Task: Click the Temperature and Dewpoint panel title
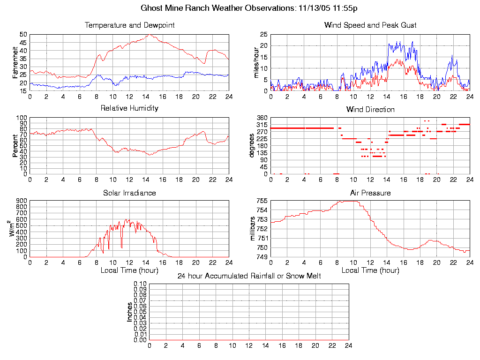129,25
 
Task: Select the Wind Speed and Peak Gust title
370,25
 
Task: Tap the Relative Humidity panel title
129,108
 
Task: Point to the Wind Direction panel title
370,110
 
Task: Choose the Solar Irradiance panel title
129,193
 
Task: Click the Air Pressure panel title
370,193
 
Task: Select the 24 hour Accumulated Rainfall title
249,276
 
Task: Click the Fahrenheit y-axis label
15,62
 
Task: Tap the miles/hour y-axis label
256,62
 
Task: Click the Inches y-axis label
130,312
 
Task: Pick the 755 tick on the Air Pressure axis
262,201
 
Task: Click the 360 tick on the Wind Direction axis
262,118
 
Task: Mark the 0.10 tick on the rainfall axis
140,284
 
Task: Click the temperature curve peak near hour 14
148,35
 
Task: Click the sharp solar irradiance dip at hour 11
121,247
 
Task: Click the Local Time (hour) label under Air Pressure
370,270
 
